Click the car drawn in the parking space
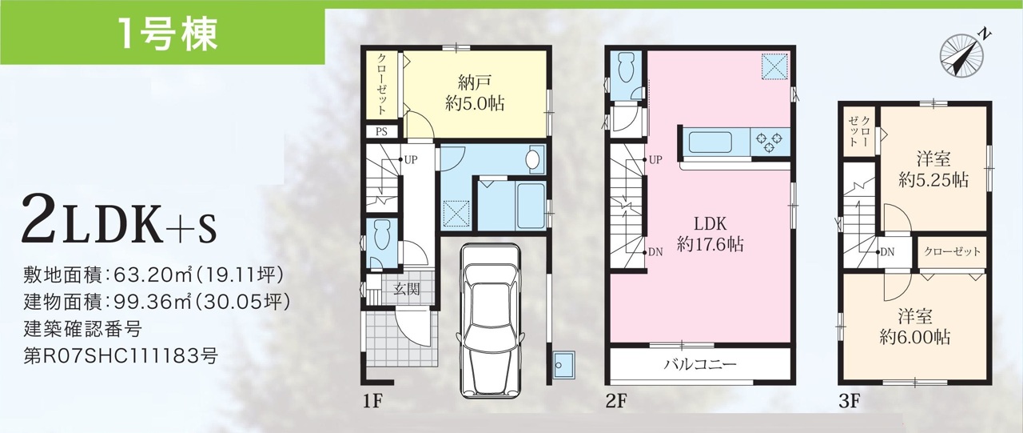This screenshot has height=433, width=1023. [x=491, y=319]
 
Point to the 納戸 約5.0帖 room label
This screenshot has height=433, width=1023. [x=475, y=93]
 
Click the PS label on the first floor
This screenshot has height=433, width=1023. [x=382, y=132]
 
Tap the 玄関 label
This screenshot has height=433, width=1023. [x=407, y=289]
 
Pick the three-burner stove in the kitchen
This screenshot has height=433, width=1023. [x=770, y=142]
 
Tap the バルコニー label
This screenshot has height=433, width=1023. [x=700, y=365]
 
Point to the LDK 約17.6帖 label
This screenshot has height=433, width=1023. [x=711, y=234]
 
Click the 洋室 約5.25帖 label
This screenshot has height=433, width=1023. [x=933, y=170]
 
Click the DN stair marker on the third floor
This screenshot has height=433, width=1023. [x=885, y=252]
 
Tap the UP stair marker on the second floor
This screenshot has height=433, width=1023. [x=653, y=160]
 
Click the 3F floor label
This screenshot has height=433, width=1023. [x=850, y=402]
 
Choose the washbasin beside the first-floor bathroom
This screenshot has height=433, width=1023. [x=532, y=160]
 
